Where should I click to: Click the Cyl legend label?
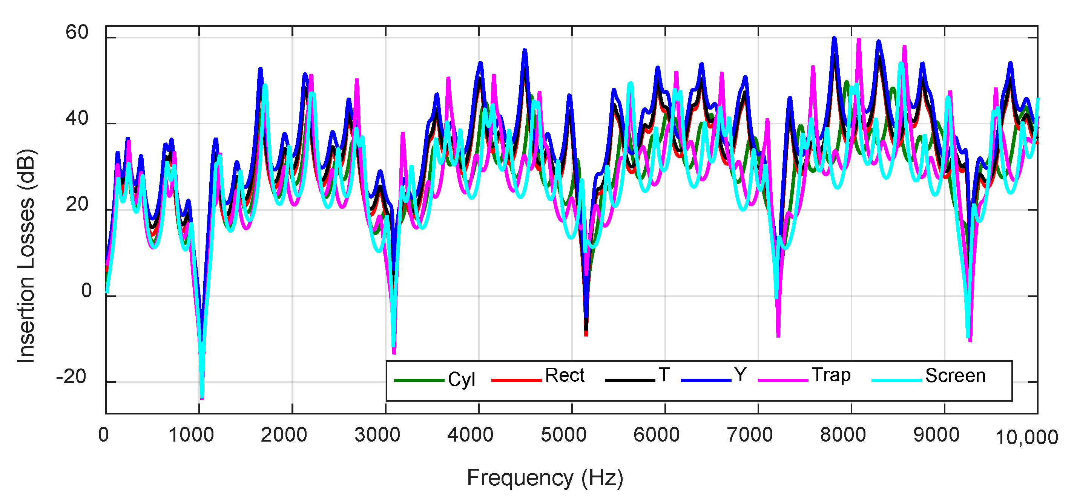click(x=461, y=379)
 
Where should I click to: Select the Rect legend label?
click(x=565, y=375)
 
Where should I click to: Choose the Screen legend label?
click(x=955, y=375)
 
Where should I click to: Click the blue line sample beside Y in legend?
click(x=706, y=380)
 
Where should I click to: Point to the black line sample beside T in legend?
click(x=630, y=380)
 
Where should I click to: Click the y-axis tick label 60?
click(x=77, y=32)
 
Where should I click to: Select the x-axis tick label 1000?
click(x=191, y=435)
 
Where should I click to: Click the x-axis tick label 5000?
click(x=564, y=435)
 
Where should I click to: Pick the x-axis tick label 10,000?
click(x=1026, y=437)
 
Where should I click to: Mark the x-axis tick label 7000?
click(x=750, y=435)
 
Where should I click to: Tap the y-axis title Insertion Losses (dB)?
click(x=26, y=255)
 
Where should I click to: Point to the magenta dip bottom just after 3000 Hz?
click(x=394, y=353)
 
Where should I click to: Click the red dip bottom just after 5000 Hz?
click(x=586, y=335)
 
